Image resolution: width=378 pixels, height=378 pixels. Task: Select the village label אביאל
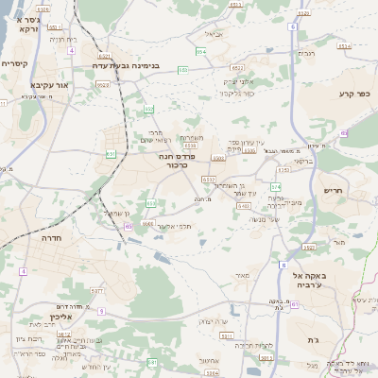coord(214,33)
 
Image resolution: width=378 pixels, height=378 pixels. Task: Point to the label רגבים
coord(307,53)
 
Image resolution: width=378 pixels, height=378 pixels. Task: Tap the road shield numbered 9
coord(101,311)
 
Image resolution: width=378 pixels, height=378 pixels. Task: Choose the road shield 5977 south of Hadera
coord(96,292)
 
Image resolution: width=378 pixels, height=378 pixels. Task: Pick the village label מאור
coord(242,275)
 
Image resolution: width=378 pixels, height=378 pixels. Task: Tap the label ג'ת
coord(313,339)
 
